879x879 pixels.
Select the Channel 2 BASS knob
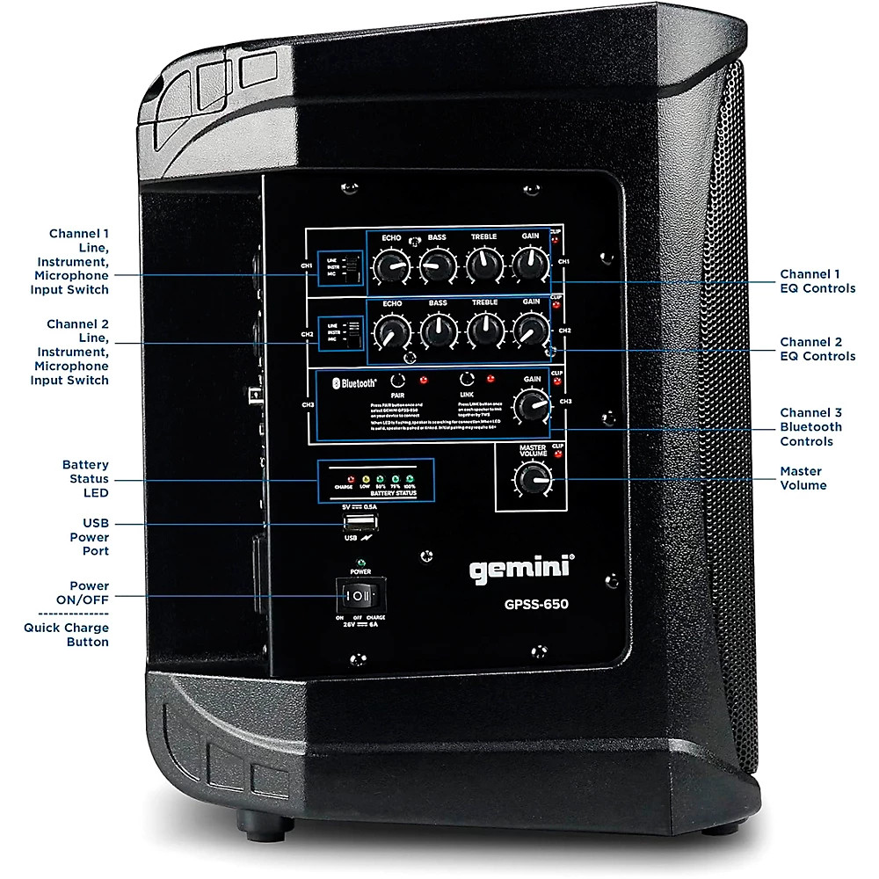coord(438,331)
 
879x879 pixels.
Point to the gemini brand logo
coord(520,570)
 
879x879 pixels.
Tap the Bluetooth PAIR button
coord(399,380)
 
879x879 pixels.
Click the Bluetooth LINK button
coord(467,380)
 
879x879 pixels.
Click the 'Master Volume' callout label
coord(803,478)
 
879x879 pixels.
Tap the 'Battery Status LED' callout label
coord(85,479)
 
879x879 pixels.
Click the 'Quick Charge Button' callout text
coord(67,635)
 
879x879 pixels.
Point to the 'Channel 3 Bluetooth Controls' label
coord(811,426)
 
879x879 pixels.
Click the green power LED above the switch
coord(360,562)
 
